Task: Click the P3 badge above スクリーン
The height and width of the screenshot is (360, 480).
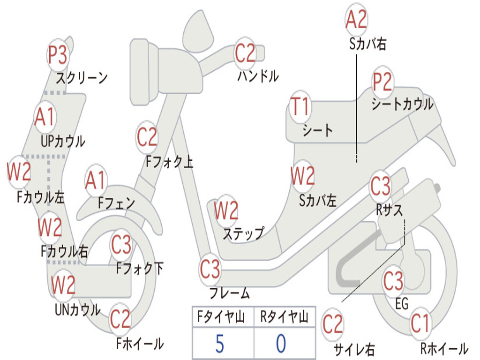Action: [x=58, y=55]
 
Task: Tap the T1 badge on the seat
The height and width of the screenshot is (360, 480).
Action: [x=300, y=107]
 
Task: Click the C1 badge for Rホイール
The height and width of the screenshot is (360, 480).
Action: [x=420, y=323]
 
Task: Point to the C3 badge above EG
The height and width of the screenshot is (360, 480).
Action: [x=393, y=281]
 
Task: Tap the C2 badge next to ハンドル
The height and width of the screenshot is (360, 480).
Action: [x=245, y=53]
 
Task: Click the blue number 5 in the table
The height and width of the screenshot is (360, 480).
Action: [x=220, y=344]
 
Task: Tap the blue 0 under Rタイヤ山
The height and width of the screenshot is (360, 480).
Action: [x=281, y=344]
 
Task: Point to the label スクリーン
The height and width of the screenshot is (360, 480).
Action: [x=82, y=77]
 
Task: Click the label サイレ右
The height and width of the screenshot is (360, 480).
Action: [x=354, y=349]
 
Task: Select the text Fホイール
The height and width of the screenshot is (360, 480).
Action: [x=140, y=344]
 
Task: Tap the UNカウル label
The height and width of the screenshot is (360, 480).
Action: [x=77, y=310]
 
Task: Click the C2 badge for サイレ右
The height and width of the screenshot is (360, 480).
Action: [x=333, y=325]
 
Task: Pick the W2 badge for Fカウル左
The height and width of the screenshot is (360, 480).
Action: [x=19, y=172]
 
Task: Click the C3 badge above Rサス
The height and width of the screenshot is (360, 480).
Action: [x=380, y=187]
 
